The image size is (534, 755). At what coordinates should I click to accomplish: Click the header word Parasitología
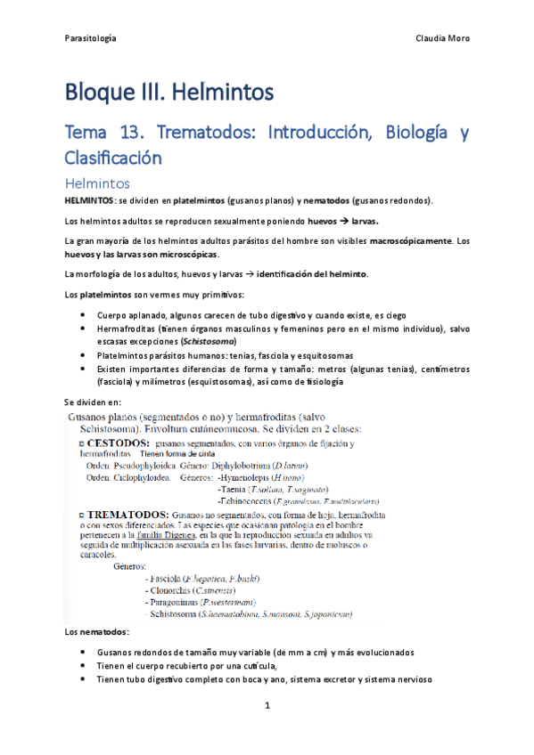(91, 38)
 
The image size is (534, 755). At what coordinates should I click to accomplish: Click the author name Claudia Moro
(443, 38)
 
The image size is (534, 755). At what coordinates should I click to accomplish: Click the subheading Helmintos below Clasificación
(98, 183)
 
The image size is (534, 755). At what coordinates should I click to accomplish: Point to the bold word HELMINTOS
(88, 200)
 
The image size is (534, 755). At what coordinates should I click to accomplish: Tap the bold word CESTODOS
(111, 442)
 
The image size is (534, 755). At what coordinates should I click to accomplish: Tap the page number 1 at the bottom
(267, 705)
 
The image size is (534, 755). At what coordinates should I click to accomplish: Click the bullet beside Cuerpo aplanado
(83, 315)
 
